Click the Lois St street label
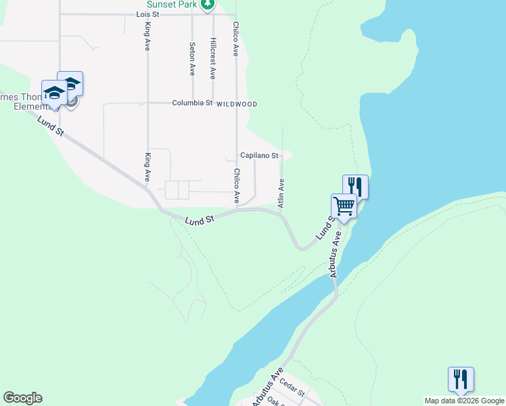point(147,14)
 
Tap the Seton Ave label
point(192,60)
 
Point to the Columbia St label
point(192,104)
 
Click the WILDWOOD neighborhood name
point(237,104)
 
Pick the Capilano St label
point(259,156)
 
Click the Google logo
point(22,398)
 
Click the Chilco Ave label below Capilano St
point(237,186)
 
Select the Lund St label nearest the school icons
point(51,127)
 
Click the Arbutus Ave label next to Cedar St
point(266,388)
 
